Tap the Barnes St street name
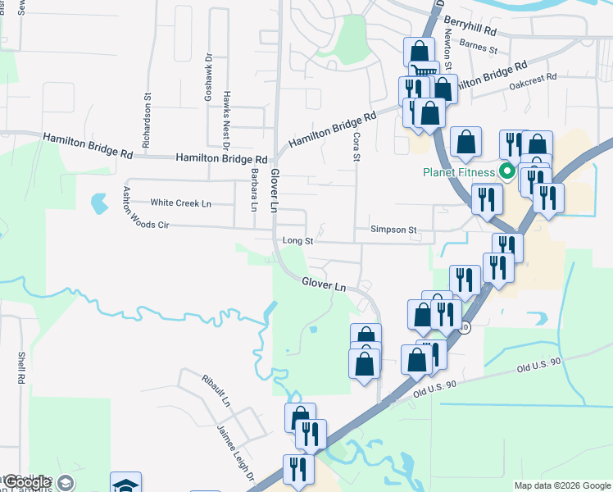pyautogui.click(x=479, y=48)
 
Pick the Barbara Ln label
pyautogui.click(x=254, y=190)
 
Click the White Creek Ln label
pyautogui.click(x=180, y=203)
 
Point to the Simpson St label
pyautogui.click(x=393, y=230)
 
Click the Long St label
pyautogui.click(x=297, y=241)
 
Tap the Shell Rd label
pyautogui.click(x=21, y=369)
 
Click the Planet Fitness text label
pyautogui.click(x=459, y=172)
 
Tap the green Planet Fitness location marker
pyautogui.click(x=506, y=172)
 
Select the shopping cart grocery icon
pyautogui.click(x=423, y=73)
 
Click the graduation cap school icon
pyautogui.click(x=126, y=484)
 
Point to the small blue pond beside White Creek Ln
pyautogui.click(x=99, y=202)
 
